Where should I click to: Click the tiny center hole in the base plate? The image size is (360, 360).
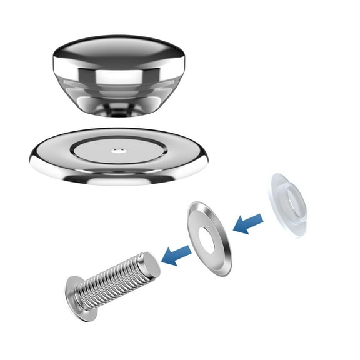tap(117, 150)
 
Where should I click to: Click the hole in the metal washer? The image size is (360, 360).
tap(207, 236)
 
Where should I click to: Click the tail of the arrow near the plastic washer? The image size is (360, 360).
tap(259, 216)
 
